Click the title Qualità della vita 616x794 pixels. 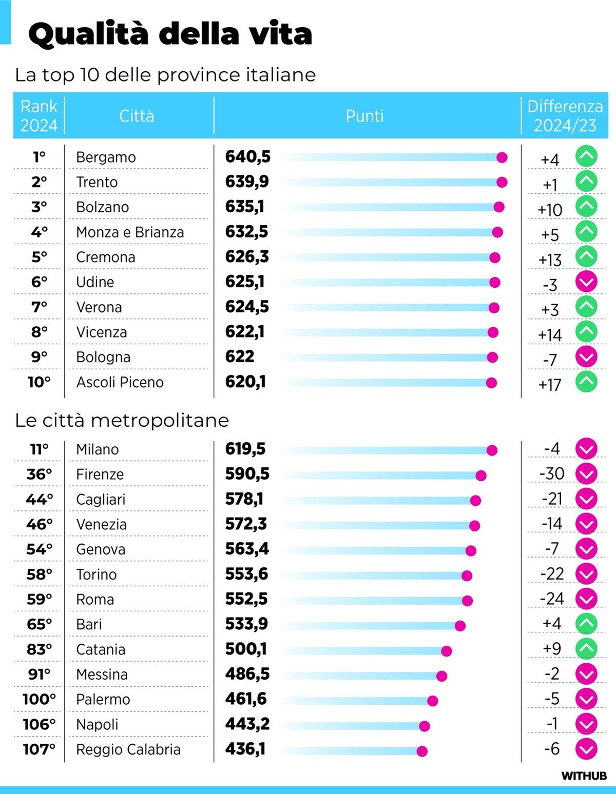[x=170, y=34]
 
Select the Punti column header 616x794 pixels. [x=364, y=116]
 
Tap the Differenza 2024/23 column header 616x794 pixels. [x=565, y=116]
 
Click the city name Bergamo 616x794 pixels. [x=106, y=157]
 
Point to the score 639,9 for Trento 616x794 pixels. [x=247, y=182]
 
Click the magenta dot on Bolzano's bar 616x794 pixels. [x=498, y=207]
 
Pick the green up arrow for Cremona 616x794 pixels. [x=586, y=256]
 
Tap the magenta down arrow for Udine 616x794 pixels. [x=586, y=281]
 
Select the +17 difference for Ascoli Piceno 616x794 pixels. [x=549, y=385]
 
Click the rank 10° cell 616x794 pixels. [x=39, y=382]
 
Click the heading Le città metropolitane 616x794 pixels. [x=122, y=420]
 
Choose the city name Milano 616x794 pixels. [x=97, y=449]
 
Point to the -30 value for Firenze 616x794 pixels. [x=552, y=473]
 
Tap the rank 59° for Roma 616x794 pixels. [x=39, y=599]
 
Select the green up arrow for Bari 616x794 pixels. [x=586, y=624]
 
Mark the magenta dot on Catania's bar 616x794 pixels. [x=446, y=651]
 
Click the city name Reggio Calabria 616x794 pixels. [x=128, y=749]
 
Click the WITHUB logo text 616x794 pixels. [x=584, y=776]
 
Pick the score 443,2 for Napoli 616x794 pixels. [x=247, y=724]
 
